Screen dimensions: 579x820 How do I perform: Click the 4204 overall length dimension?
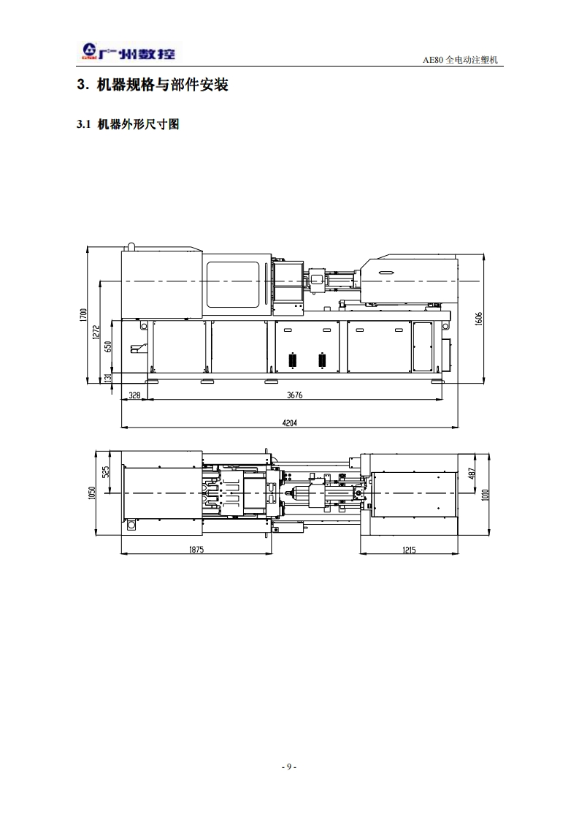pyautogui.click(x=289, y=422)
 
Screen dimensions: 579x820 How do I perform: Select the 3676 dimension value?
pyautogui.click(x=295, y=395)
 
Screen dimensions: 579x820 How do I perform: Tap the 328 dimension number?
pyautogui.click(x=134, y=395)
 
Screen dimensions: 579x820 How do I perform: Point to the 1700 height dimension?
pyautogui.click(x=83, y=315)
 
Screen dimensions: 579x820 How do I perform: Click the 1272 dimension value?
pyautogui.click(x=96, y=333)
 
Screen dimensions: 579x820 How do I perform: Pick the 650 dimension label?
pyautogui.click(x=108, y=346)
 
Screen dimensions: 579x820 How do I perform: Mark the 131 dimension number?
pyautogui.click(x=108, y=378)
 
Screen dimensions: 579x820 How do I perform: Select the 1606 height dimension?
pyautogui.click(x=479, y=319)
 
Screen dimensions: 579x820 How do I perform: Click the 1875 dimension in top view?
pyautogui.click(x=196, y=550)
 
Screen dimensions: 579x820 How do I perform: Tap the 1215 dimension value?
pyautogui.click(x=409, y=550)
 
